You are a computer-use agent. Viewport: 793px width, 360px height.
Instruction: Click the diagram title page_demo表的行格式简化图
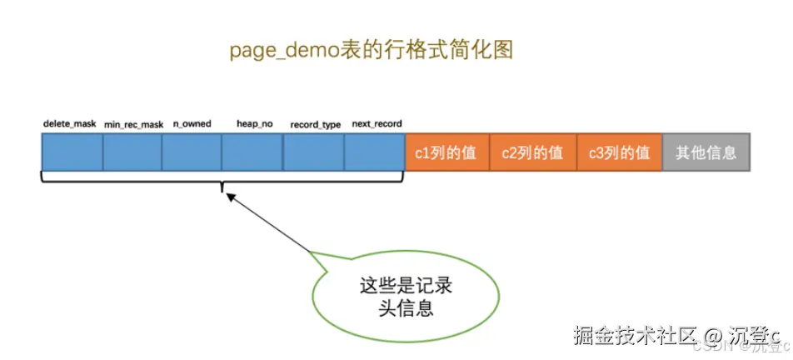371,51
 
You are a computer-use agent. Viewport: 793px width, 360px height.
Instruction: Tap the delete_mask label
70,124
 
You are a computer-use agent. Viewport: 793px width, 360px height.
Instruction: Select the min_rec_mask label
133,125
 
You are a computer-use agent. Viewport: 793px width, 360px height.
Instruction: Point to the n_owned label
192,124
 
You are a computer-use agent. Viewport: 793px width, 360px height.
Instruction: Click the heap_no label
254,124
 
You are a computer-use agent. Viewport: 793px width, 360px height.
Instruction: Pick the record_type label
315,125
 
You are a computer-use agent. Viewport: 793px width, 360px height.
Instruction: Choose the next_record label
377,124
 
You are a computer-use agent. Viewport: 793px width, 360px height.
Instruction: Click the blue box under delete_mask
72,153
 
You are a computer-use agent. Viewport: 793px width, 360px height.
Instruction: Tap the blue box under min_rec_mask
132,153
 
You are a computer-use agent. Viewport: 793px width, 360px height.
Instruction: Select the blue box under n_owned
192,153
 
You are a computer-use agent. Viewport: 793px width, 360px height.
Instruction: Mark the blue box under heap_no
252,153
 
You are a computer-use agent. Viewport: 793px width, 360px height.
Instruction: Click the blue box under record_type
313,153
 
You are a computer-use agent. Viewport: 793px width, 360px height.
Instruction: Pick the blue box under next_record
374,153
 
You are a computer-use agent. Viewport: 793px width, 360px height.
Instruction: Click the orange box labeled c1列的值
447,153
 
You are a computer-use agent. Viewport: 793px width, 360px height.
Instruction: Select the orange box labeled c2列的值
533,153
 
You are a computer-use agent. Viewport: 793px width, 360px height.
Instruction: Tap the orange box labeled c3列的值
619,153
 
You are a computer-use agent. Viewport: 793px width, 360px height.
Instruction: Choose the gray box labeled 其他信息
706,153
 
